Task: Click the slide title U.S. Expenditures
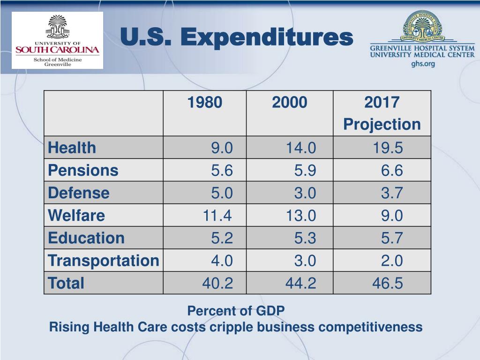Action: click(236, 37)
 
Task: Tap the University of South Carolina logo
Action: click(57, 40)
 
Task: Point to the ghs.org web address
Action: click(423, 64)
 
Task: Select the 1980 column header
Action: click(204, 102)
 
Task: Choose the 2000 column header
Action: click(289, 102)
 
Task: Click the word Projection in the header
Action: click(382, 125)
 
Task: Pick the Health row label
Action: click(72, 148)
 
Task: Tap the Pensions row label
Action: click(83, 171)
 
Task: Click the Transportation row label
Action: click(104, 261)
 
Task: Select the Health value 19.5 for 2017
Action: click(388, 148)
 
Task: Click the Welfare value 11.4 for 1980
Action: click(217, 216)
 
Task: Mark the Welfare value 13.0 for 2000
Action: click(301, 216)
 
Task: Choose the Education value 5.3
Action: click(305, 238)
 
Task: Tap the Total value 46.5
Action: click(388, 283)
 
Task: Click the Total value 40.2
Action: click(217, 283)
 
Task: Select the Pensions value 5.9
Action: click(305, 171)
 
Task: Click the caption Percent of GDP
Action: click(236, 311)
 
